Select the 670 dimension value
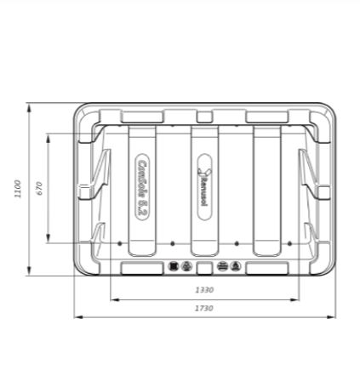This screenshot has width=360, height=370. click(x=38, y=189)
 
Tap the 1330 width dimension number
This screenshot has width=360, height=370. click(x=204, y=290)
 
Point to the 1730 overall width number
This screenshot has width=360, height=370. click(x=204, y=308)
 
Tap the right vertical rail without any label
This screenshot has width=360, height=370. click(x=266, y=189)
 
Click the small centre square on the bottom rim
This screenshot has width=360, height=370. click(x=204, y=267)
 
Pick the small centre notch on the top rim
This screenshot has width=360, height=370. click(x=204, y=116)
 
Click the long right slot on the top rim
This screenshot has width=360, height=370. click(x=267, y=116)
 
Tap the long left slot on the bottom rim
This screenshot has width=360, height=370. click(x=141, y=267)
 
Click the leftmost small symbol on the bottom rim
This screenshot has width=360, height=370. click(x=174, y=266)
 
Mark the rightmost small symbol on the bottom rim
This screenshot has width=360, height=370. click(x=236, y=266)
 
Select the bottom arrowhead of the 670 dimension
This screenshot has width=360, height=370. click(x=49, y=242)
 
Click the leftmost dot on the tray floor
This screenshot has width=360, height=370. click(x=120, y=244)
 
